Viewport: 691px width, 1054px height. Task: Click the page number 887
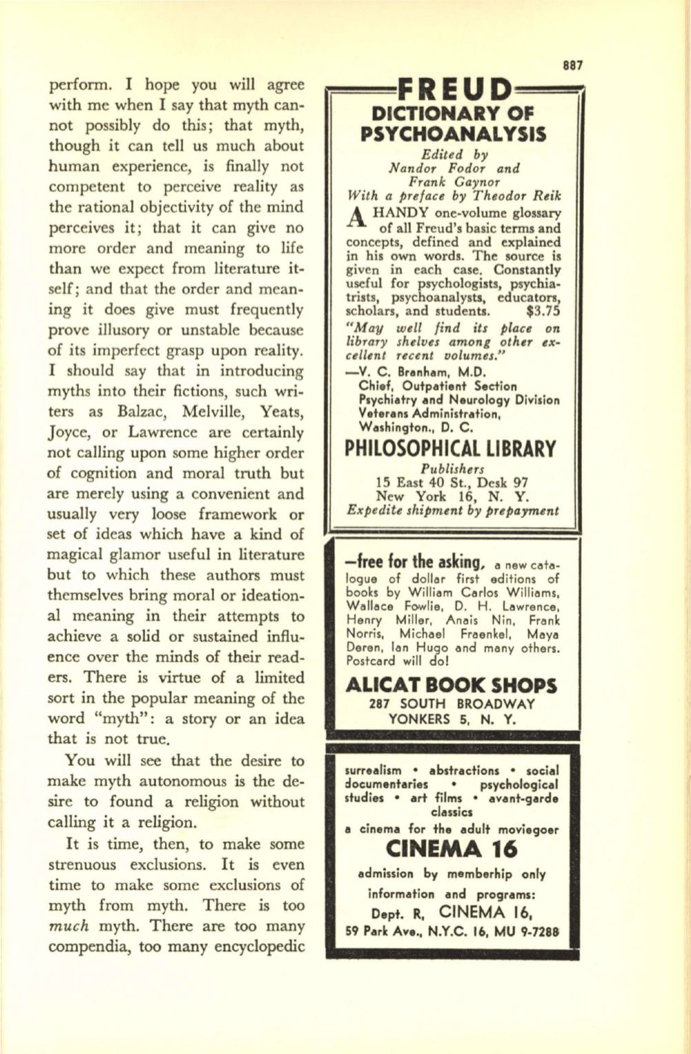tap(572, 66)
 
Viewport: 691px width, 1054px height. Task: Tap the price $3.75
tap(545, 310)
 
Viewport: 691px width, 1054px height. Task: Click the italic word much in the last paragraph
tap(68, 926)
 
